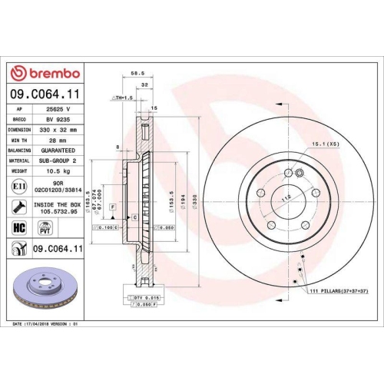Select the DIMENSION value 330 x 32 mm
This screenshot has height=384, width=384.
click(58, 130)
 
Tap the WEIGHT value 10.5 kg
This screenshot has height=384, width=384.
click(58, 170)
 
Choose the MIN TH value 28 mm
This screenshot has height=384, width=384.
click(58, 140)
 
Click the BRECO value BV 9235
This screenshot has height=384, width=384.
click(58, 120)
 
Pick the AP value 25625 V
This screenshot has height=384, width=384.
click(58, 110)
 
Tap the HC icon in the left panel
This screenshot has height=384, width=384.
click(18, 227)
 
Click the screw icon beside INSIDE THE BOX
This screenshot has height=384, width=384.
click(18, 206)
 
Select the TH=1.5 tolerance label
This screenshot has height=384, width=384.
click(123, 99)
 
